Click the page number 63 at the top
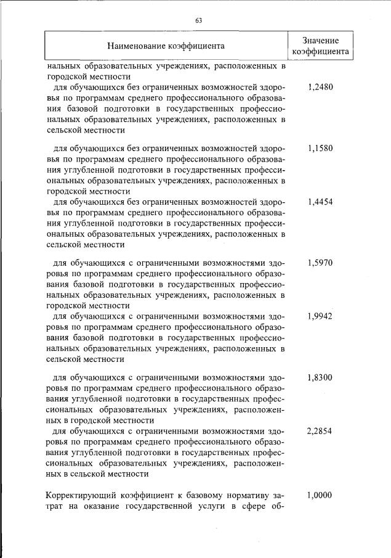coord(198,20)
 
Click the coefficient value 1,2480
coord(320,87)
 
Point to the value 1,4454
coord(320,201)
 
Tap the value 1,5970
coord(320,263)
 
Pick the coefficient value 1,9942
coord(320,316)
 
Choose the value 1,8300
coord(320,377)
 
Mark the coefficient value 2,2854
coord(320,431)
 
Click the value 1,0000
coord(320,494)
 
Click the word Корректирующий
coord(79,494)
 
